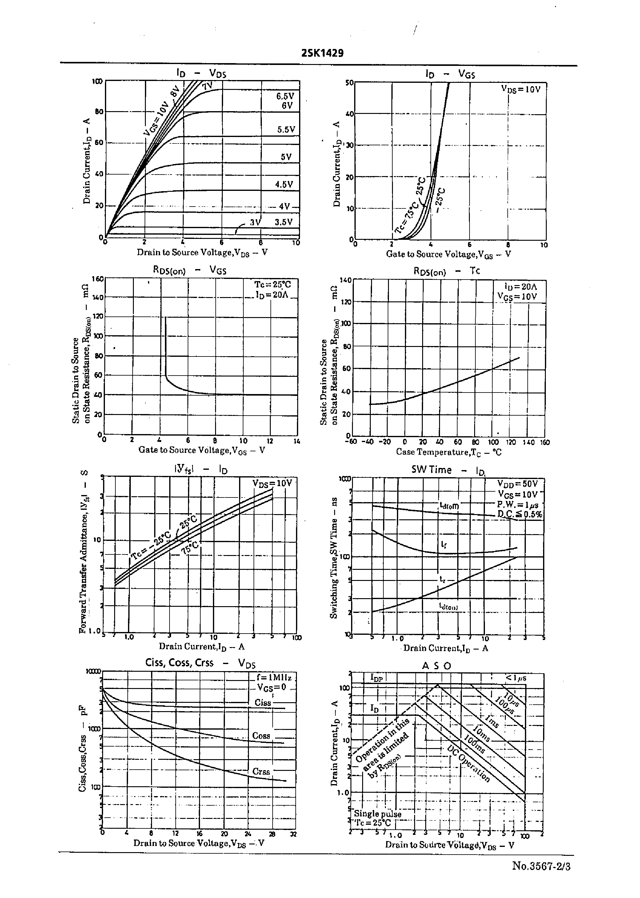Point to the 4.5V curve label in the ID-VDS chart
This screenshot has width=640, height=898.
284,184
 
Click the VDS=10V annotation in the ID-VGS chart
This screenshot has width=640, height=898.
521,90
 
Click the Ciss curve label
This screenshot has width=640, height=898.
263,703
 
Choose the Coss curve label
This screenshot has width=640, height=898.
261,735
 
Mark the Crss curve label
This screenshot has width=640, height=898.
261,771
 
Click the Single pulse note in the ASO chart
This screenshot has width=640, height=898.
378,814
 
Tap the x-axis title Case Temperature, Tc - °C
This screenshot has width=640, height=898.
449,452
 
